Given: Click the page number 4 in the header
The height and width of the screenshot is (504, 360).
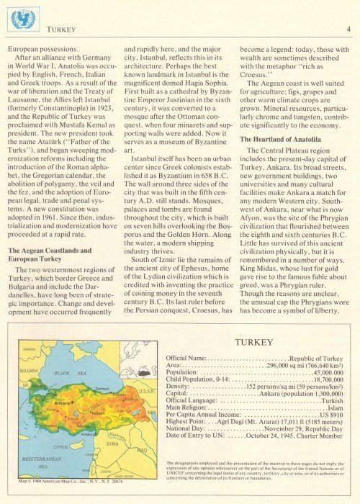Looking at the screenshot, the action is (x=347, y=30).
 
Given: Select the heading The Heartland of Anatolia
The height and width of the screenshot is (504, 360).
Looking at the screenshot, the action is (x=276, y=139).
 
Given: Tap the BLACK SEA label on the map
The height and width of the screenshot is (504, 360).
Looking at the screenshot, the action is (x=70, y=374).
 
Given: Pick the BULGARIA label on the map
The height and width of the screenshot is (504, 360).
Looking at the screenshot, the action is (x=29, y=370).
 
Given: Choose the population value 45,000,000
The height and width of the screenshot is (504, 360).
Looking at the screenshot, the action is (x=328, y=372).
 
